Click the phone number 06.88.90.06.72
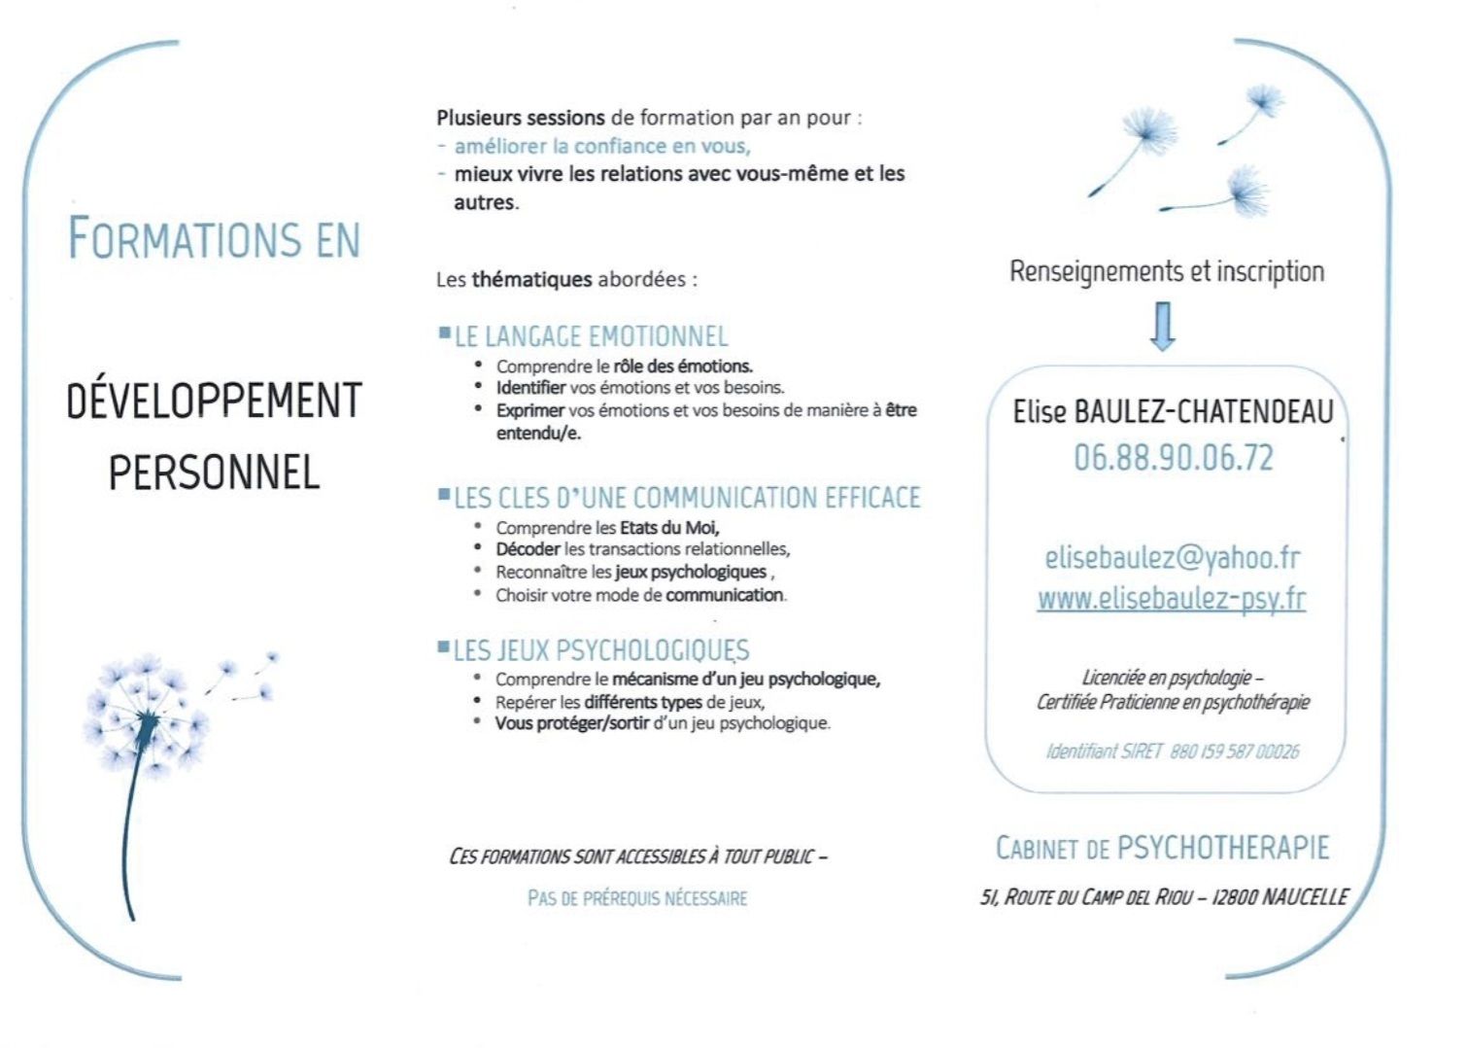click(1173, 458)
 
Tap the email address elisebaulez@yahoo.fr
click(1172, 557)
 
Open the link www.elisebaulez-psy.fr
click(1171, 599)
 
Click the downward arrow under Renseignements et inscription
click(1162, 327)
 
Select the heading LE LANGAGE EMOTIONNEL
click(591, 336)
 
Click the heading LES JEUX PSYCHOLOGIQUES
click(600, 650)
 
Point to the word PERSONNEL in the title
click(214, 472)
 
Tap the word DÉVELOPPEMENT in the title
click(214, 401)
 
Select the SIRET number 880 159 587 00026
click(1234, 751)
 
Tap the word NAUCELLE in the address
click(1304, 897)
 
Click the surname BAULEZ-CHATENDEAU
click(1203, 412)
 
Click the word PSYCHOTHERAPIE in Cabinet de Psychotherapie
click(1222, 848)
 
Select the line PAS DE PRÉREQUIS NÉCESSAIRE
click(637, 898)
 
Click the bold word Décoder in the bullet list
click(528, 549)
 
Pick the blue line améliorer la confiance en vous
click(601, 147)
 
